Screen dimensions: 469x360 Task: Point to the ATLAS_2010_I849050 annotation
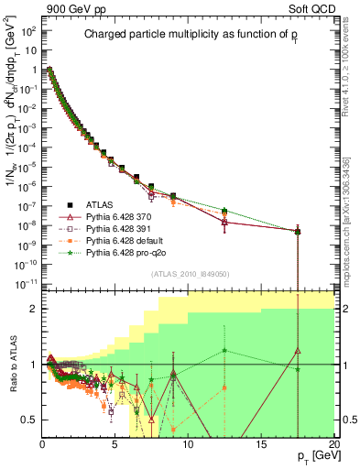point(191,273)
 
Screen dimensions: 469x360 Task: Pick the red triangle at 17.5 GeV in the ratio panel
point(298,350)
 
